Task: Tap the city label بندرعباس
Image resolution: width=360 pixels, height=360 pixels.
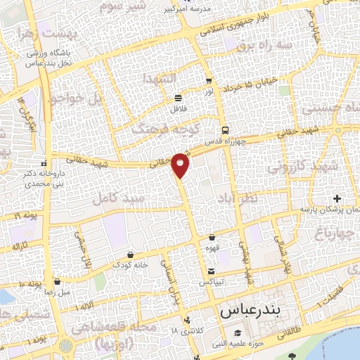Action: [x=250, y=309]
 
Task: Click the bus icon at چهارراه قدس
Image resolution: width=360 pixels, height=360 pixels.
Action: [x=225, y=130]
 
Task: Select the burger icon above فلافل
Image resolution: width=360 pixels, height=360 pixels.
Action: [x=178, y=98]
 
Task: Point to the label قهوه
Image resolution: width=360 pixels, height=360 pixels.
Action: [x=212, y=247]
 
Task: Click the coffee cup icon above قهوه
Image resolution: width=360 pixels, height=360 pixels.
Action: [x=212, y=237]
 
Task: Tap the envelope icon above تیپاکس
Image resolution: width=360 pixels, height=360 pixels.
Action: [x=212, y=271]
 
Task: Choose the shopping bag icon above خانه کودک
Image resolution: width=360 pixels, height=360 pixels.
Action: [x=130, y=254]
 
